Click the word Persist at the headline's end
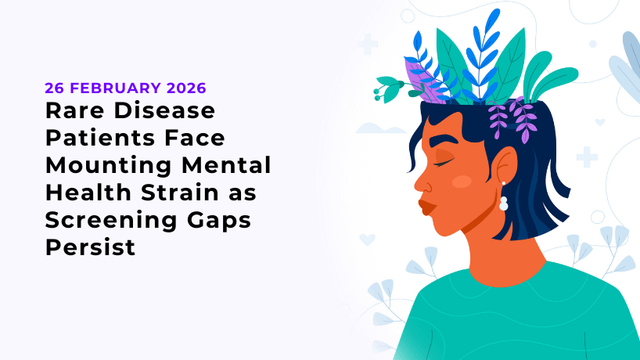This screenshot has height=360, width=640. tap(89, 248)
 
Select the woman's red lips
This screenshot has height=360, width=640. tap(426, 206)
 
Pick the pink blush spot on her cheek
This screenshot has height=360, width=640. tap(462, 182)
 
